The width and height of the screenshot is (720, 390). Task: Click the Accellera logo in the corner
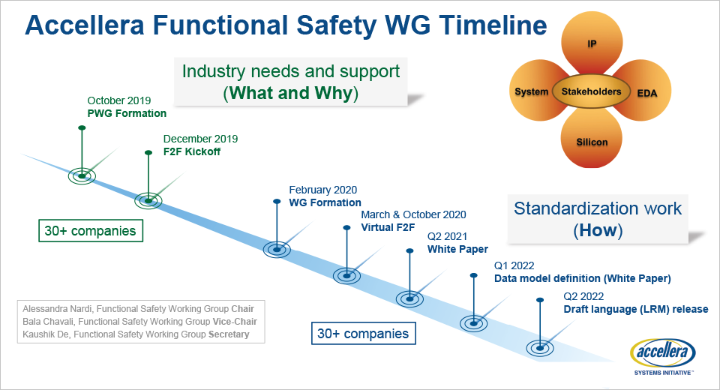(x=664, y=355)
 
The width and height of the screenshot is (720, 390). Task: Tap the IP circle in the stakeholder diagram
(x=592, y=44)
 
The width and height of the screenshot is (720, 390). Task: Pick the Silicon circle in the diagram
(x=592, y=140)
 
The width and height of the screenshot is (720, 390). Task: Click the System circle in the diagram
(x=531, y=92)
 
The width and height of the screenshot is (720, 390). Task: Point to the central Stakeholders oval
(x=591, y=92)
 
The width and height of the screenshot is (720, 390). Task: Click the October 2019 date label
(x=119, y=100)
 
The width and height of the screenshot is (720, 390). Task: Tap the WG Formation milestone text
(x=325, y=202)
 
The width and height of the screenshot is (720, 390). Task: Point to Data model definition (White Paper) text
(x=582, y=278)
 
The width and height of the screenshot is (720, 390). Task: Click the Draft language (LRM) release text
(x=636, y=309)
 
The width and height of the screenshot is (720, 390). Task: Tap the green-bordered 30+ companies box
(x=91, y=231)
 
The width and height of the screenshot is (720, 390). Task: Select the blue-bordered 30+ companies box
(x=363, y=333)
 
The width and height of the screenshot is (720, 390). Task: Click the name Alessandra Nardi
(x=58, y=309)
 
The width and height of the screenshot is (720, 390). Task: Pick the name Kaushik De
(x=46, y=334)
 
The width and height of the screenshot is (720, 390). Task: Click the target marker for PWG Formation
(x=82, y=175)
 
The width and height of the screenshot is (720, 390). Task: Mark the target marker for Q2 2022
(x=540, y=347)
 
